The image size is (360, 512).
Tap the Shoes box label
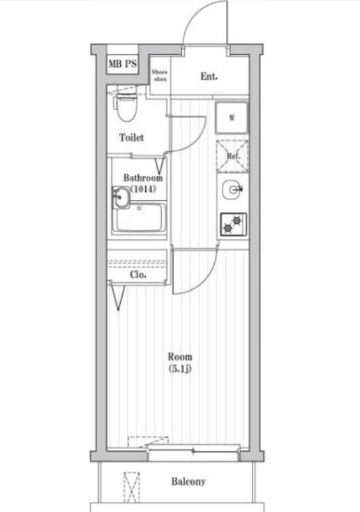tap(159, 75)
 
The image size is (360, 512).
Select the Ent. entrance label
tap(209, 76)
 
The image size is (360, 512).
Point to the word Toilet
tap(131, 138)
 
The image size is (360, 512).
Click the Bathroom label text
tap(143, 178)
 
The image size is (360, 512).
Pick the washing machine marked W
tap(232, 117)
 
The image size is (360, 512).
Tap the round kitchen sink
tap(232, 189)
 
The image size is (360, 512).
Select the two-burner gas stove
tap(232, 224)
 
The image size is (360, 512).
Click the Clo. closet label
tap(138, 275)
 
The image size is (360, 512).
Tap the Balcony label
tap(187, 482)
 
